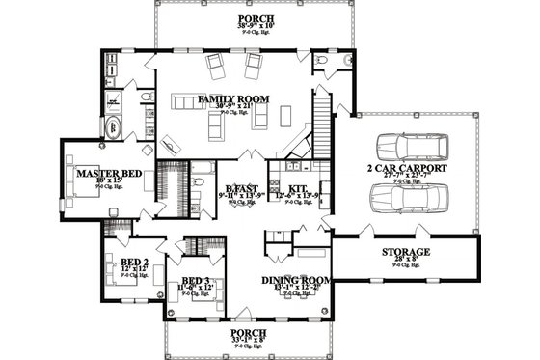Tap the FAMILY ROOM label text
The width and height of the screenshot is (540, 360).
click(232, 99)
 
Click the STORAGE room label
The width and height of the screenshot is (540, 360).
click(405, 252)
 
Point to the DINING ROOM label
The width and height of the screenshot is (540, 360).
click(297, 280)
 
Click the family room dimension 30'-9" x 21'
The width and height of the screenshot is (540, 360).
click(232, 108)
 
